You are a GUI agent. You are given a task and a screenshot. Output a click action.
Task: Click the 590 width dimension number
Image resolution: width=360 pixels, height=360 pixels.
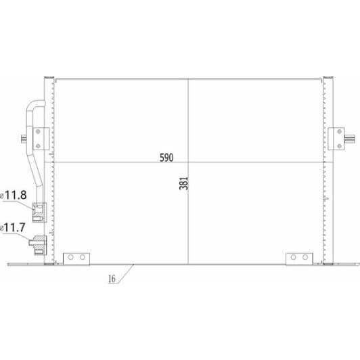click(x=166, y=158)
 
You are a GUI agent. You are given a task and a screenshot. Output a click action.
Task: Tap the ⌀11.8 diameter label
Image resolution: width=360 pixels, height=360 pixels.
click(x=15, y=196)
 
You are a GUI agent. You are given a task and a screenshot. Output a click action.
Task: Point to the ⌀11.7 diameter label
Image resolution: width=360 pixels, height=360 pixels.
click(x=15, y=228)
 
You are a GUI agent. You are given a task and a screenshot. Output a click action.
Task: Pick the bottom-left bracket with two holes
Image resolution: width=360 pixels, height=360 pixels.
click(x=76, y=258)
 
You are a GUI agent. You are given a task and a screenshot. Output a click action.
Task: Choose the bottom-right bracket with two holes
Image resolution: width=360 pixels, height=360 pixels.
click(x=299, y=258)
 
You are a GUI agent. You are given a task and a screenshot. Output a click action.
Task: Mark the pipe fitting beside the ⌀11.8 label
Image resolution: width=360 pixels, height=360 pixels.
click(x=39, y=210)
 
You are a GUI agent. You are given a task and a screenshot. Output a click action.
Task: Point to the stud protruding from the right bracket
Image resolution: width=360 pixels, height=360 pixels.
click(x=348, y=139)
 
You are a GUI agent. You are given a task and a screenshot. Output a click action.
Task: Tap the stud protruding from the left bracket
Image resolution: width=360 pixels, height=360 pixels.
click(x=25, y=139)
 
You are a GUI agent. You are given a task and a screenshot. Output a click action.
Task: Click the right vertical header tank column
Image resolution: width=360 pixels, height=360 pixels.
click(x=329, y=169)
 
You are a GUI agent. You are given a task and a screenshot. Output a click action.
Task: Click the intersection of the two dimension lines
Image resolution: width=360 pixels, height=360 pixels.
click(x=189, y=162)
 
